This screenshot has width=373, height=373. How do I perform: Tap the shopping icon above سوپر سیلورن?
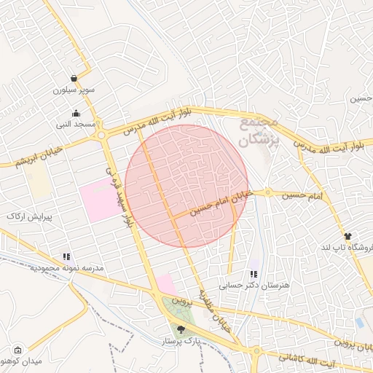[x=74, y=78]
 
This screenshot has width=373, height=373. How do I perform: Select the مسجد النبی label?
[x=77, y=125]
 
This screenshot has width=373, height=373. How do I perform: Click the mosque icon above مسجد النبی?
[x=77, y=113]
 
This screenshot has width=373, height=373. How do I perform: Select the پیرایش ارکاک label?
[x=26, y=216]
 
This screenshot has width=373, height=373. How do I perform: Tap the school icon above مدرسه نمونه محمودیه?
[x=67, y=256]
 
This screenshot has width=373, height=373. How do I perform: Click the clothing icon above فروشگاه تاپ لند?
[x=348, y=236]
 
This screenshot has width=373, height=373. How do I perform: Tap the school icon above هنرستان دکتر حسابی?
[x=254, y=274]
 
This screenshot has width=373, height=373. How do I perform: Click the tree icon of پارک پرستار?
[x=181, y=329]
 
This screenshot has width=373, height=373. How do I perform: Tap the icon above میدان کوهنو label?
[x=17, y=350]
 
